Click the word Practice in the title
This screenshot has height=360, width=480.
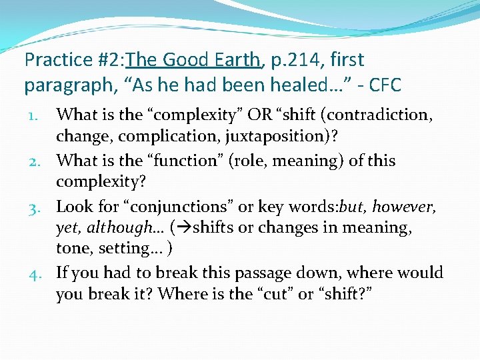(x=56, y=60)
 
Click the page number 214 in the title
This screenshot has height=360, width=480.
(x=314, y=60)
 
